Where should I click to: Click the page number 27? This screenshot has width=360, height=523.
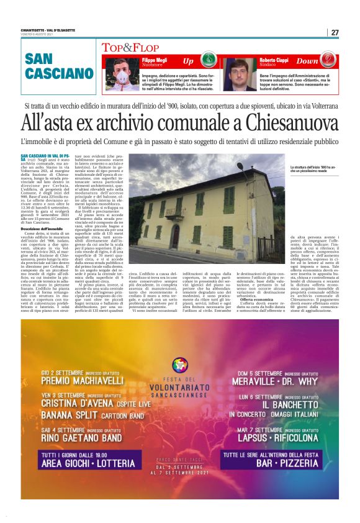click(x=335, y=33)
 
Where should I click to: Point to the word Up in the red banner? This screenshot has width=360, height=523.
click(x=188, y=61)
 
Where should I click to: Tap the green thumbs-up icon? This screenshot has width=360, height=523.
click(x=207, y=61)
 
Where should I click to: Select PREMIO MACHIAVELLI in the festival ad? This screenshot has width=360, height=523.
click(x=83, y=379)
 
